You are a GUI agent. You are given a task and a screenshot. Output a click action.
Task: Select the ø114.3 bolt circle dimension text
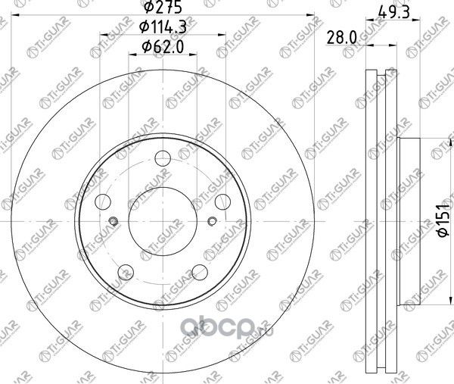[x=163, y=27]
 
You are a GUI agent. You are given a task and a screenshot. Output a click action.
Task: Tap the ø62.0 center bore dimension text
[x=163, y=47]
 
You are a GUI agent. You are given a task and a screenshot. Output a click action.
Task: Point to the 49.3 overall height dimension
[x=393, y=12]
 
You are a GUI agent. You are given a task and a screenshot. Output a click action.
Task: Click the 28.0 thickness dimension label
[x=342, y=38]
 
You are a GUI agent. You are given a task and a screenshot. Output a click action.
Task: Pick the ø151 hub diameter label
[x=443, y=220]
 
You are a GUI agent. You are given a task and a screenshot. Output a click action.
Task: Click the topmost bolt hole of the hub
[x=163, y=158]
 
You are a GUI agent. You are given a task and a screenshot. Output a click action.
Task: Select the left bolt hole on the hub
[x=103, y=201]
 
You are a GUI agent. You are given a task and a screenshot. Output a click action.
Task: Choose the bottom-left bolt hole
[x=126, y=272]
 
